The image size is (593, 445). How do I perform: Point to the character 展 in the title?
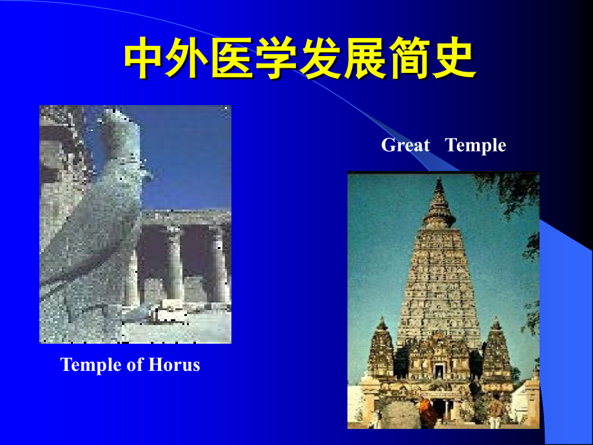pos(365,61)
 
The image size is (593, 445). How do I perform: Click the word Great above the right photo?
pos(405,146)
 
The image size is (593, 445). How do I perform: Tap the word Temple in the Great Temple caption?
pos(476,146)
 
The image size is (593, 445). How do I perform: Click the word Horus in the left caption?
pos(175,365)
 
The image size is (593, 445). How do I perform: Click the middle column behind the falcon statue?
pos(175,264)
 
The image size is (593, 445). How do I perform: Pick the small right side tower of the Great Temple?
pos(496,351)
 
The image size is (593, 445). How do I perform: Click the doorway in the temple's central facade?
pos(439,371)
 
